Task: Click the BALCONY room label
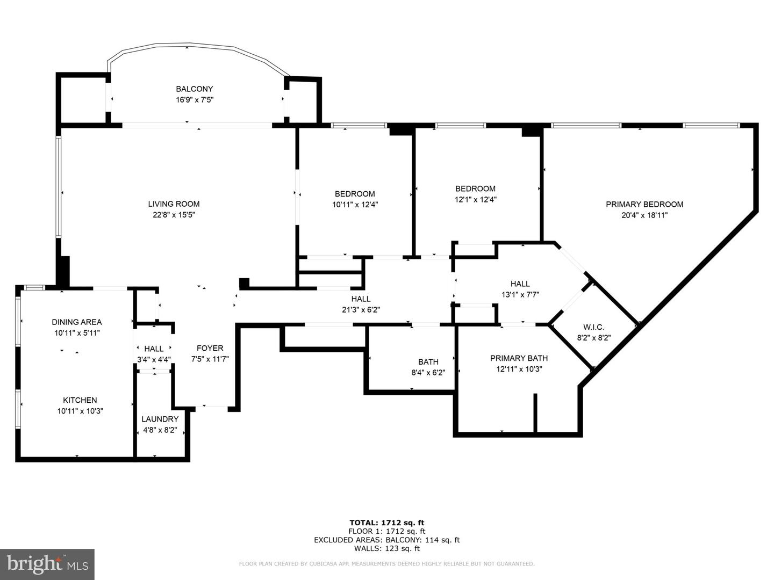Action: [x=194, y=89]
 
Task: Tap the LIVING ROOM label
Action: [x=174, y=204]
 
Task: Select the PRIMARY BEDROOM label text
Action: [x=644, y=204]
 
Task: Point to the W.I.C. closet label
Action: [x=593, y=327]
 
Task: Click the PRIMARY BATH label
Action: [x=519, y=358]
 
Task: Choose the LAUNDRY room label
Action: [x=160, y=419]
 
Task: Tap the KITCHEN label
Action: [x=80, y=400]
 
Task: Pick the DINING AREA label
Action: [x=76, y=322]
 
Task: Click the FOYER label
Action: [x=210, y=349]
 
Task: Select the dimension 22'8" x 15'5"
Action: [x=174, y=215]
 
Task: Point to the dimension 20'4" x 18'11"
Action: [x=644, y=215]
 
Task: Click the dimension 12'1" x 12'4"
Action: [x=475, y=200]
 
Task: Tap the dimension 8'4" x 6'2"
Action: [x=428, y=373]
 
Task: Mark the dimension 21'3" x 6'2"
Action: [x=361, y=310]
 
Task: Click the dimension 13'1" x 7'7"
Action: [x=520, y=295]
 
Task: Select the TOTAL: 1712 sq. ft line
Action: [x=387, y=523]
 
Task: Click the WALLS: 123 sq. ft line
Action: [x=387, y=548]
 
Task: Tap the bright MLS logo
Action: [x=47, y=564]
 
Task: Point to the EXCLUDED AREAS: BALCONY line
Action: [x=387, y=540]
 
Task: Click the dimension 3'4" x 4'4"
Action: [x=154, y=360]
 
